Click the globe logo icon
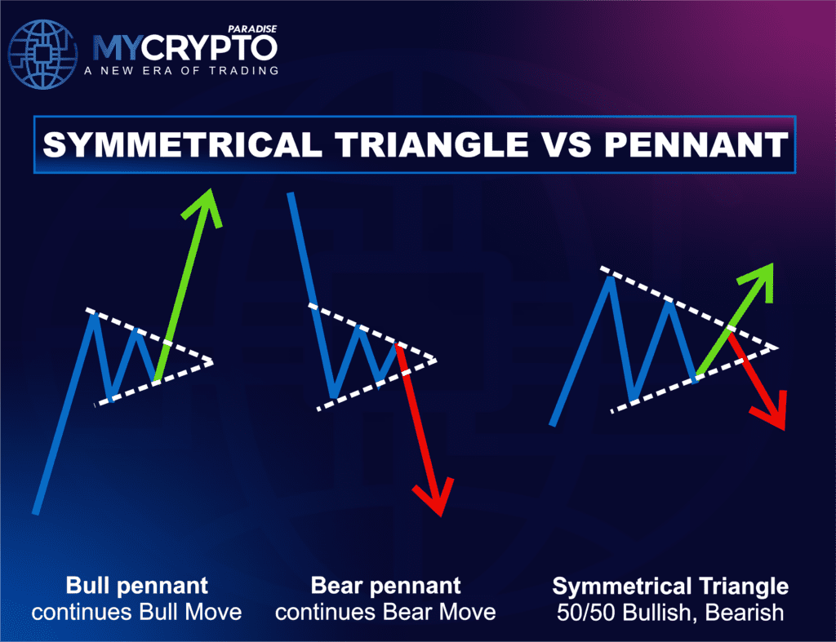pyautogui.click(x=42, y=55)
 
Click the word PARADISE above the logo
pyautogui.click(x=252, y=29)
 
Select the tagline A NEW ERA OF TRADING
pyautogui.click(x=181, y=70)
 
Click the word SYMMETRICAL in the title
pyautogui.click(x=182, y=144)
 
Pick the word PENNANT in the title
pyautogui.click(x=696, y=144)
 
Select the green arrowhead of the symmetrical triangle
pyautogui.click(x=758, y=281)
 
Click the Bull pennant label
pyautogui.click(x=136, y=586)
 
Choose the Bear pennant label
pyautogui.click(x=385, y=586)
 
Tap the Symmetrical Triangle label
pyautogui.click(x=670, y=586)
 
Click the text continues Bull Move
pyautogui.click(x=136, y=612)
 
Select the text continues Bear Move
pyautogui.click(x=385, y=612)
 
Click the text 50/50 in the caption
pyautogui.click(x=586, y=612)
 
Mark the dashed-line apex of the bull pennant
pyautogui.click(x=212, y=362)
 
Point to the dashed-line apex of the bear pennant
pyautogui.click(x=436, y=361)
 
